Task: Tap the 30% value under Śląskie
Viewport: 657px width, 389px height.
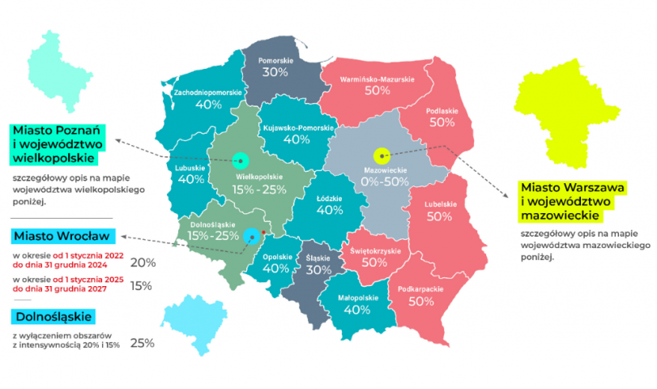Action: click(319, 270)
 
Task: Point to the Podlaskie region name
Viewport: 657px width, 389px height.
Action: click(442, 110)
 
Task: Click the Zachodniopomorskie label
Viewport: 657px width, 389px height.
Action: click(208, 92)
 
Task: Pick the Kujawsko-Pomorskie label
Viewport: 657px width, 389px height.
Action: click(297, 128)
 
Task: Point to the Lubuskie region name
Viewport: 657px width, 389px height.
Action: click(191, 168)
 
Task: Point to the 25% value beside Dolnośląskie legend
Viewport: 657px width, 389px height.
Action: click(143, 343)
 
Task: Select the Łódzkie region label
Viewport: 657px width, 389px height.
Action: click(330, 197)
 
